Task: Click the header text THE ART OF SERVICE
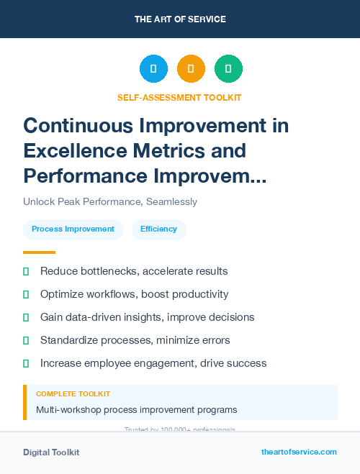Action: click(180, 19)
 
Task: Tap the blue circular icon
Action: click(153, 69)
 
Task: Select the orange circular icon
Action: click(191, 69)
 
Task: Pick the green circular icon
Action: click(228, 69)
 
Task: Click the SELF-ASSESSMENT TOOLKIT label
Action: click(180, 97)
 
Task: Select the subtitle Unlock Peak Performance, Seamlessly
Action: click(110, 202)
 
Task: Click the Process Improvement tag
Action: click(73, 229)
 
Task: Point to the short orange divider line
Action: click(39, 252)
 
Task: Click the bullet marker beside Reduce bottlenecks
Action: click(26, 272)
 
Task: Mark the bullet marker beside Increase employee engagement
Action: click(26, 364)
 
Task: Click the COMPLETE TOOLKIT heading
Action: click(73, 394)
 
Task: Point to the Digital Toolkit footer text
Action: click(51, 452)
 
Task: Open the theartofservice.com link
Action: click(299, 452)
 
